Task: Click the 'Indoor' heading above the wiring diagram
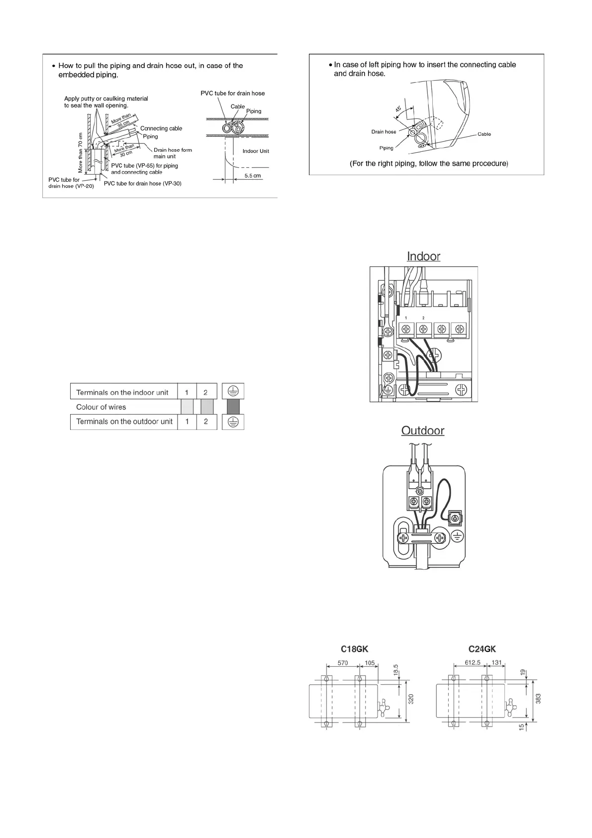423,256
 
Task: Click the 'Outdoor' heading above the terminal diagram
423,430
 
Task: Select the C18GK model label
354,649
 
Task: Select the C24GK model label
482,649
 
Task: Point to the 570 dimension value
342,663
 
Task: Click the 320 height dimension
411,700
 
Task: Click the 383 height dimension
538,699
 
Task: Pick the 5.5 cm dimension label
252,176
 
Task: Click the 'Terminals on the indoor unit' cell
122,393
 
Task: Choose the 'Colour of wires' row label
101,407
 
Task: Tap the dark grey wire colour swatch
233,407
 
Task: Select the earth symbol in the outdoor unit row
233,422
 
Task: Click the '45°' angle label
399,109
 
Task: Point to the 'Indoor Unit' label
256,151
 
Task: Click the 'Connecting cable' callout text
161,128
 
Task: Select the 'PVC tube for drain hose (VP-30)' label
142,184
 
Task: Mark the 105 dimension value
369,663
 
